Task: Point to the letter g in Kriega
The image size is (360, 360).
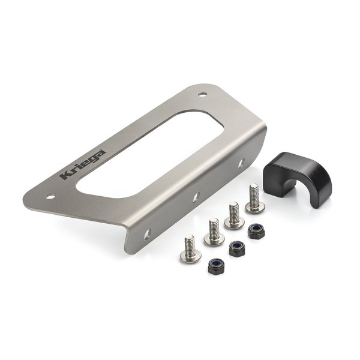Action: click(x=92, y=158)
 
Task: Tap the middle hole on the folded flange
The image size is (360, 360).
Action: click(x=196, y=196)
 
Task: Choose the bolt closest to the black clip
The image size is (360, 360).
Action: click(x=255, y=200)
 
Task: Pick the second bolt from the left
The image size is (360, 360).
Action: click(x=214, y=232)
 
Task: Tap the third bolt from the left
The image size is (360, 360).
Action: click(x=233, y=217)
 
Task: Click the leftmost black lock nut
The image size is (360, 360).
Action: click(x=217, y=265)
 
